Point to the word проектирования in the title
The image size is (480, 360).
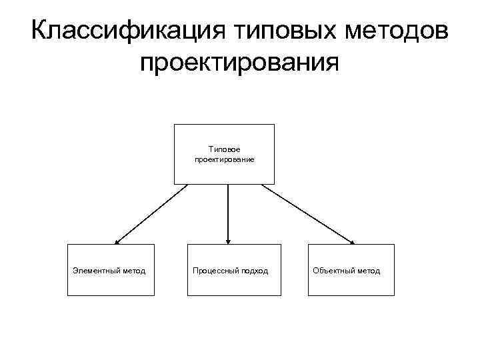pyautogui.click(x=239, y=65)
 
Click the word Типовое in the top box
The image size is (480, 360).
pyautogui.click(x=224, y=150)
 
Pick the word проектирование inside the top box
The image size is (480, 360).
pyautogui.click(x=224, y=160)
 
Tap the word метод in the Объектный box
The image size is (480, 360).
pyautogui.click(x=368, y=271)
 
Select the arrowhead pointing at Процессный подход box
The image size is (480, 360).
pyautogui.click(x=228, y=241)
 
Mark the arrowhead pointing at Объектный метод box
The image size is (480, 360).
pyautogui.click(x=352, y=242)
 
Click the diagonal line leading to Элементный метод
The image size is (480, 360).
pyautogui.click(x=152, y=213)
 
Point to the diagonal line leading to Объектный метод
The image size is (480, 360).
pyautogui.click(x=307, y=213)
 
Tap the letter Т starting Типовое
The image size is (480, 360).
pyautogui.click(x=211, y=150)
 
